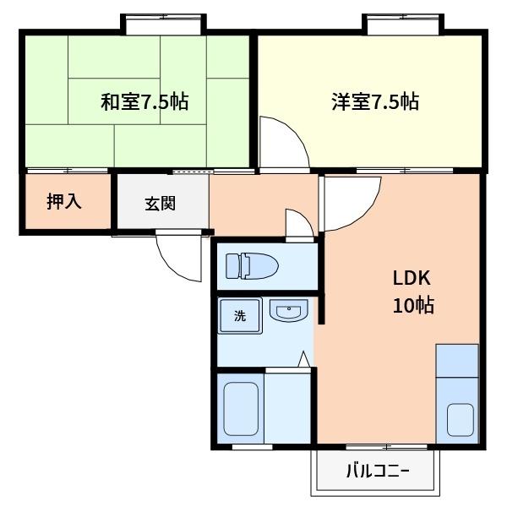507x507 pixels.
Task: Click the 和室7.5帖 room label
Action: (x=144, y=102)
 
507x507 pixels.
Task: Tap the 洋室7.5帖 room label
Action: (x=374, y=102)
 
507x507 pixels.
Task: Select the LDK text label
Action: (x=412, y=278)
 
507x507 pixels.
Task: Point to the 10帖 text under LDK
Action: (x=412, y=305)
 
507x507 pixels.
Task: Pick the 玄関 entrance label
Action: (x=160, y=203)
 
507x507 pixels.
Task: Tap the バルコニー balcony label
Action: (x=377, y=472)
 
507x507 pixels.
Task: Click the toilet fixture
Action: (x=253, y=265)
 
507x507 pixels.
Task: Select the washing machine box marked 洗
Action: (x=240, y=317)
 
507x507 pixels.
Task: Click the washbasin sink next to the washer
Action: (x=288, y=313)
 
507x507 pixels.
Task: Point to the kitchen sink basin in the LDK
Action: (x=460, y=418)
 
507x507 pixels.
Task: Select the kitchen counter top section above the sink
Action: (x=457, y=361)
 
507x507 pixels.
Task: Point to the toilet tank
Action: (x=232, y=265)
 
